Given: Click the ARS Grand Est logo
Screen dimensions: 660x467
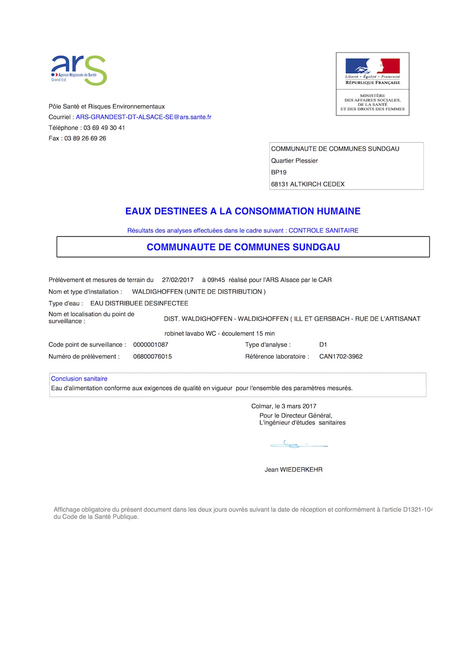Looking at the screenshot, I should coord(79,70).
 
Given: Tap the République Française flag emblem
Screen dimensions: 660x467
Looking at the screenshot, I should coord(372,66).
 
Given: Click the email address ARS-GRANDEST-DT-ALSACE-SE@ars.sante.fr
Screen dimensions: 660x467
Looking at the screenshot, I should coord(143,117).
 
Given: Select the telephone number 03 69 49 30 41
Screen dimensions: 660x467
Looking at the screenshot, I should coord(104,128).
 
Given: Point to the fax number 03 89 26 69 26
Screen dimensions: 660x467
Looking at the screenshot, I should coord(85,139).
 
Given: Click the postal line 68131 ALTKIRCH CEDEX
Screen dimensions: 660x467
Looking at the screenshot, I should coord(308,184).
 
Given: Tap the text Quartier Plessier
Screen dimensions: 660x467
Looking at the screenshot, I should coord(294,161).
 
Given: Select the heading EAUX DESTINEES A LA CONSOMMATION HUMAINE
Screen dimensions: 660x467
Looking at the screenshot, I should coord(243,211).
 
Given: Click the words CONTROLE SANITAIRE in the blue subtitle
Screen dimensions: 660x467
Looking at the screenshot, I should coord(323,231).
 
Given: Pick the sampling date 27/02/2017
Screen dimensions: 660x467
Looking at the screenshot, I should coord(177,280).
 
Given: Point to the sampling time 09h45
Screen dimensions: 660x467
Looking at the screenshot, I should coord(216,280).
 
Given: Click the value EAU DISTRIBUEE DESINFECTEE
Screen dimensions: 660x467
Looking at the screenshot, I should coord(139,303).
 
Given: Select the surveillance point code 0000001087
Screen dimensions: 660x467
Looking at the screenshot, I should coord(150,345).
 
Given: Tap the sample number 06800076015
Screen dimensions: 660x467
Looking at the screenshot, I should coord(152,357).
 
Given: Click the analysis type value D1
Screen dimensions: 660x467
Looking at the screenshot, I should coord(323,345).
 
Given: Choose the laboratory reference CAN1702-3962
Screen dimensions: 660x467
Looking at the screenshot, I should coord(341,357).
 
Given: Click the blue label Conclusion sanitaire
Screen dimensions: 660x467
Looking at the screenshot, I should coord(79,379).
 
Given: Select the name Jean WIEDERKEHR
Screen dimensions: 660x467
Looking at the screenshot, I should coord(293,470).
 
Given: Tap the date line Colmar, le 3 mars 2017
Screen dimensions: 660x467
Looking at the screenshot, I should coord(283,407).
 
